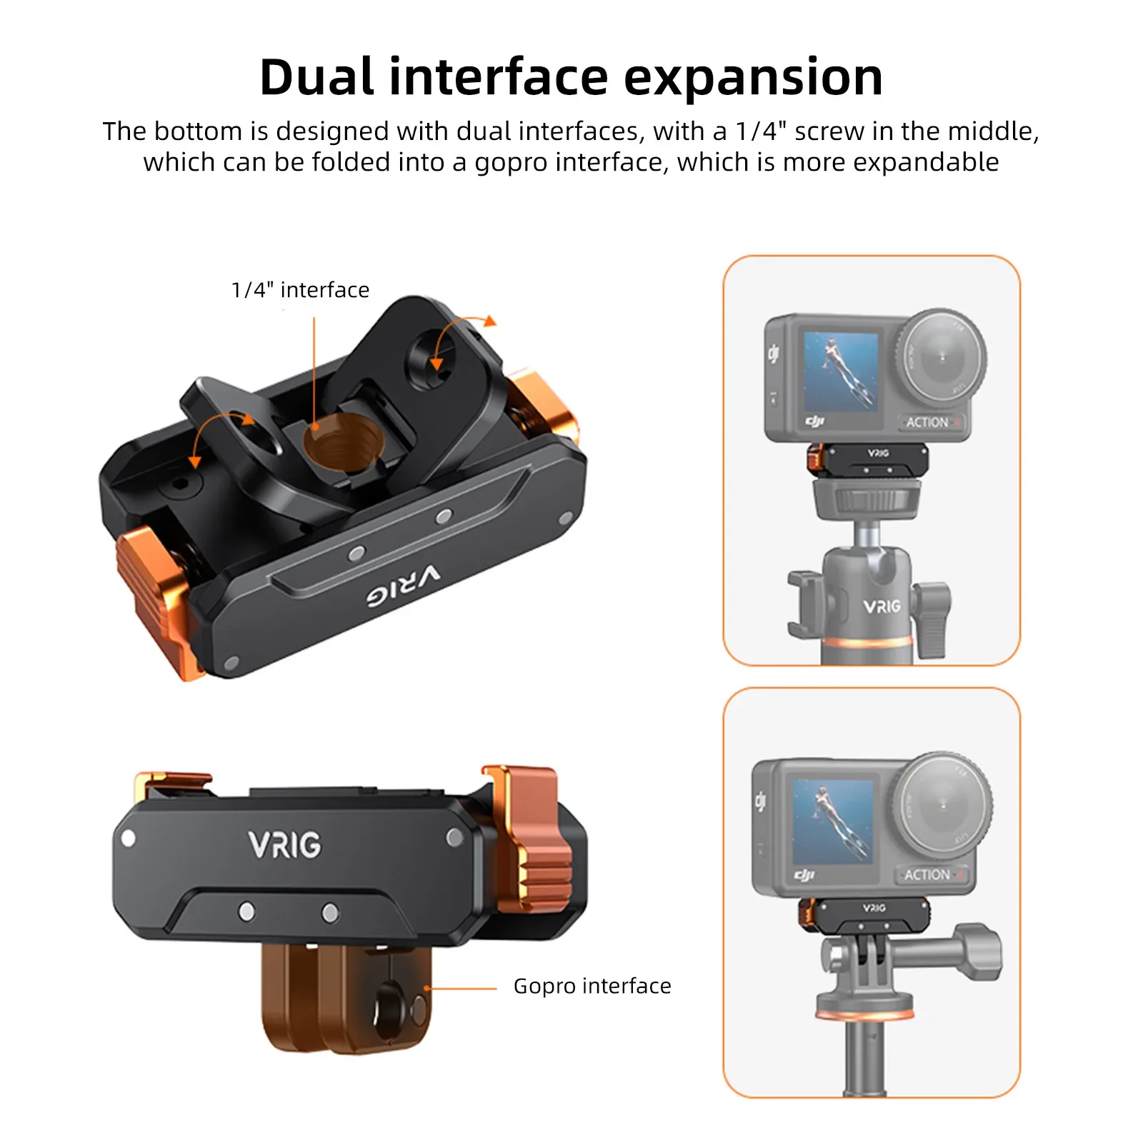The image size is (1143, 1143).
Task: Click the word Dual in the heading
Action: point(316,77)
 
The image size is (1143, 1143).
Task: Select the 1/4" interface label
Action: point(300,290)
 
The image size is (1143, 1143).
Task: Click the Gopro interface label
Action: point(592,986)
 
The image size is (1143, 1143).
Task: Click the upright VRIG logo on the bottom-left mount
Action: point(285,845)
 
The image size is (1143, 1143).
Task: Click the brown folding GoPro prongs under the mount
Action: point(346,997)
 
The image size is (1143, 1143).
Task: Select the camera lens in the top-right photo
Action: point(941,355)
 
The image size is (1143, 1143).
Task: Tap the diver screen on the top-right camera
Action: point(841,370)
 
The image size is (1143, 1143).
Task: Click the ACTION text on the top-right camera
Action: point(927,422)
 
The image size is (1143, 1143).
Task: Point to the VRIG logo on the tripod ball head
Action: point(882,607)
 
